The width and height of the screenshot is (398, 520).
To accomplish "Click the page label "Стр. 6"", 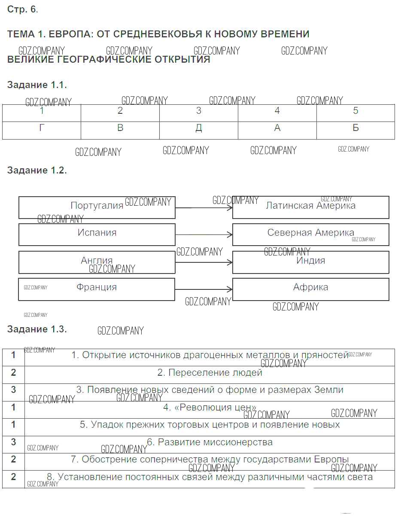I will [22, 9].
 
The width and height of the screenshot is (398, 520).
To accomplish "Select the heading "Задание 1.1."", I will [37, 85].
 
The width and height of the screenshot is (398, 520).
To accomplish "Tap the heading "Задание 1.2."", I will [37, 170].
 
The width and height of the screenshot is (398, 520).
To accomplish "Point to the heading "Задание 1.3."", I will [37, 329].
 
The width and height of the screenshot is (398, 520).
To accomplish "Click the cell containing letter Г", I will [42, 128].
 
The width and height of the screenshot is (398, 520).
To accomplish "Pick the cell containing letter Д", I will [198, 128].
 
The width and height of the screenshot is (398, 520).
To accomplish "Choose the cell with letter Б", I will [355, 128].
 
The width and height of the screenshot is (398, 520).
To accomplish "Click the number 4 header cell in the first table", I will [277, 111].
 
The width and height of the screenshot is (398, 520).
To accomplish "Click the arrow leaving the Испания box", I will [204, 235].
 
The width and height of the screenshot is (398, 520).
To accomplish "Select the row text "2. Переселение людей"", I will [210, 373].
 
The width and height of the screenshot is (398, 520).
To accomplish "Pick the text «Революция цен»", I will [210, 407].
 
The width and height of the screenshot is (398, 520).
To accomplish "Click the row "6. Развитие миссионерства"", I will [210, 442].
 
